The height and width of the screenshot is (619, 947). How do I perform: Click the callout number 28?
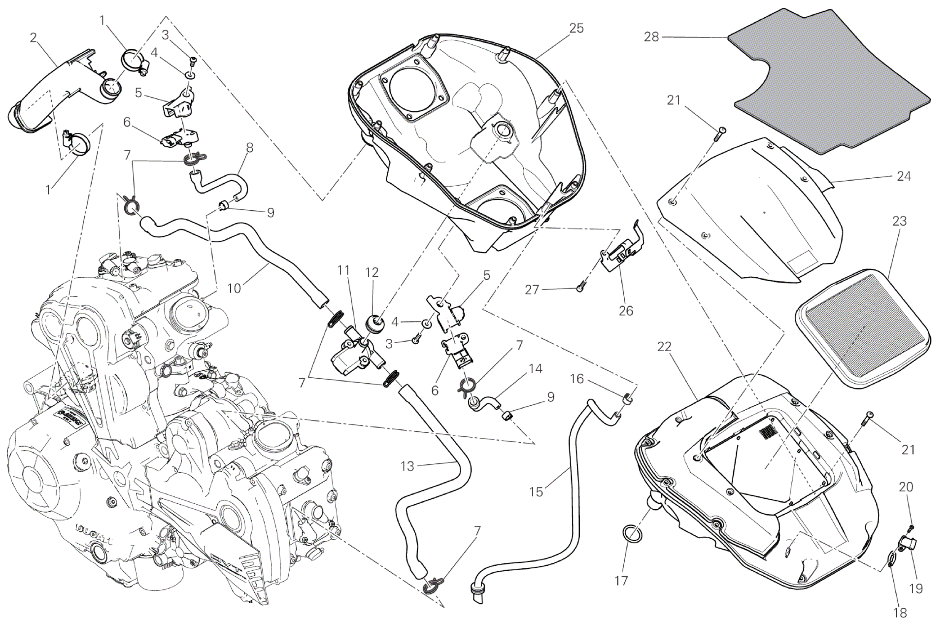pos(651,37)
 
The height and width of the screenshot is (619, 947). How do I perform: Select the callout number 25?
pos(576,29)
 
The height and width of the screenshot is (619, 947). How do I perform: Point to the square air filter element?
pos(862,335)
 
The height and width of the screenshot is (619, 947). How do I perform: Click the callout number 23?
pos(899,222)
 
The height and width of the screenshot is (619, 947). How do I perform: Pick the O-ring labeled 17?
pos(631,533)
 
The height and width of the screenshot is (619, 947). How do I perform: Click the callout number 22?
pos(664,347)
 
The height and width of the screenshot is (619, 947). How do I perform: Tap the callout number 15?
pos(536,491)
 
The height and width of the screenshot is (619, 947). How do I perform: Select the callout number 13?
pos(407,466)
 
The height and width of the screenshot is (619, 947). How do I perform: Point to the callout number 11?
pos(343,270)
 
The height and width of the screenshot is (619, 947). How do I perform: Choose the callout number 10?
pos(234,288)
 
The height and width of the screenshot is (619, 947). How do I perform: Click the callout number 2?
pos(34,37)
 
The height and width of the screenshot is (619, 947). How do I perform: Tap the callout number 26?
pos(626,311)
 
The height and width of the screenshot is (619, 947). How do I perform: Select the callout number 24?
pos(904,176)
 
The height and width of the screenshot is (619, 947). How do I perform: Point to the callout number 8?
pos(250,147)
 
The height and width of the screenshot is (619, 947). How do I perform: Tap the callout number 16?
pos(577,379)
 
